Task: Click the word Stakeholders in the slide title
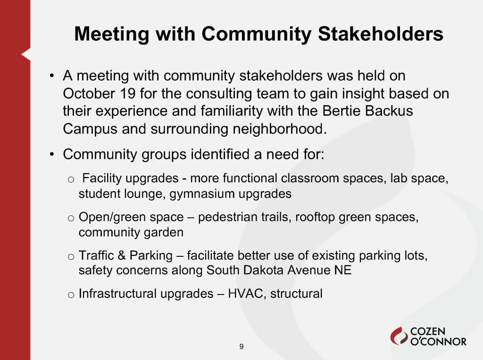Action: pos(381,33)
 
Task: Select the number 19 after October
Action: pos(128,94)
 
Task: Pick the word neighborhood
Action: pos(280,129)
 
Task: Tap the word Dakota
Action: pos(263,270)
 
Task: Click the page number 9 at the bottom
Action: pos(241,346)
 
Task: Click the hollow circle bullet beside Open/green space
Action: pos(71,219)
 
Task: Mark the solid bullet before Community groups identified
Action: pos(52,154)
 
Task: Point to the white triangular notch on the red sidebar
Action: pos(26,55)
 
